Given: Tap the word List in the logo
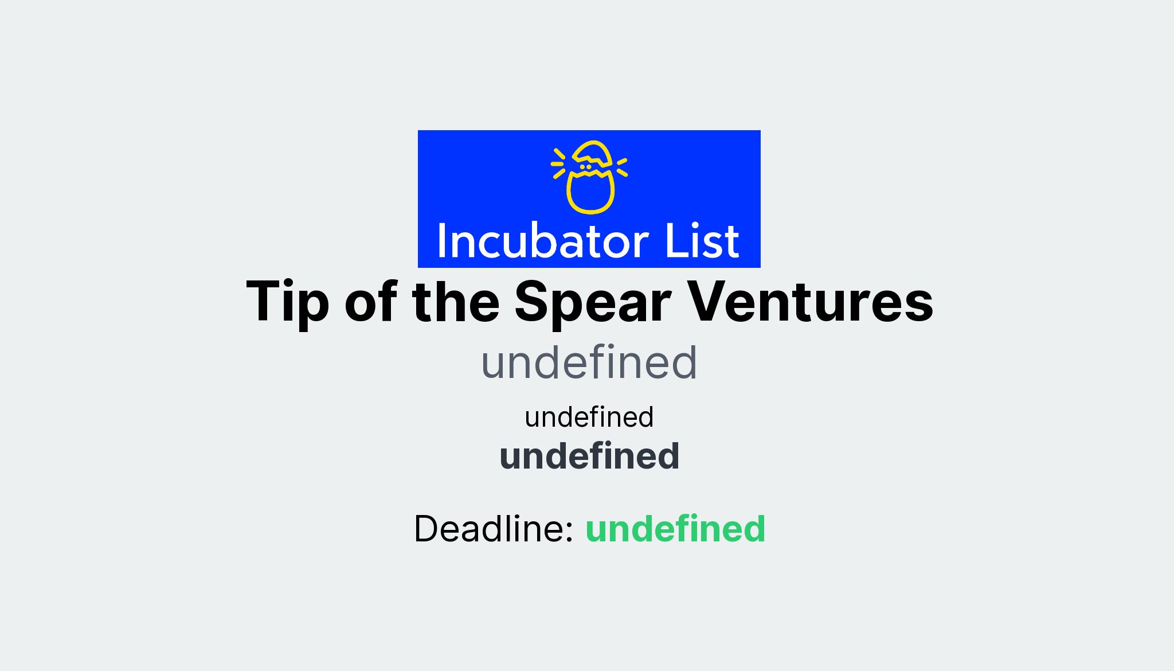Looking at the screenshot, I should [x=702, y=241].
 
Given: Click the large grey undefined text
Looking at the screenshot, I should [x=589, y=362].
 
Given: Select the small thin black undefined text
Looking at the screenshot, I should [x=589, y=417].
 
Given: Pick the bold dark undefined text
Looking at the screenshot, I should [x=589, y=457].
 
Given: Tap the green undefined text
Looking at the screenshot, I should [x=675, y=528].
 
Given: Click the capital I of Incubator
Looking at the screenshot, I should [x=441, y=241].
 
